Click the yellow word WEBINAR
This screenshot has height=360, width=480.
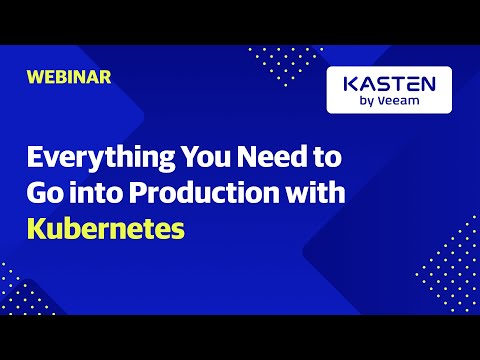69,76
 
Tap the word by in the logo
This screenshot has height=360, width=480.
366,102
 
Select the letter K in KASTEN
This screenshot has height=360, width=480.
348,83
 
